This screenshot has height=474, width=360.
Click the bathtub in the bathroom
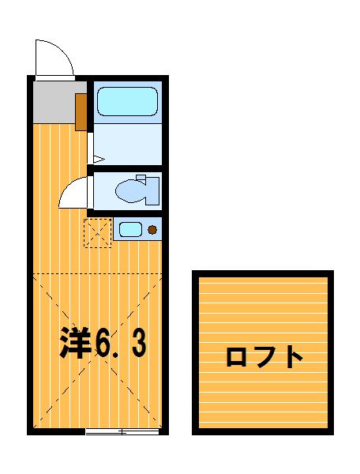tap(127, 102)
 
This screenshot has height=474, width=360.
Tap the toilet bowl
tap(130, 191)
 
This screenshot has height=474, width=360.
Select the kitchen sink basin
tap(130, 230)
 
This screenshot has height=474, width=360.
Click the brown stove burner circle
tap(152, 230)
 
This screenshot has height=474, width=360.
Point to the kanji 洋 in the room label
tap(75, 343)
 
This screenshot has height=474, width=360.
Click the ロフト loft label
tap(264, 357)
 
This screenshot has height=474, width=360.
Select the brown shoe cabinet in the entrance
tap(81, 112)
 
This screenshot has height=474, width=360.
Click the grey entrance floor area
tap(54, 102)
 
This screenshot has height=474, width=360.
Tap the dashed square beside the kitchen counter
tap(98, 233)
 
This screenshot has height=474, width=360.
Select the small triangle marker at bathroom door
tap(99, 159)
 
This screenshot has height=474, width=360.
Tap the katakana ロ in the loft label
tap(237, 357)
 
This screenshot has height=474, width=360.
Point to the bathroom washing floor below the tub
tap(128, 145)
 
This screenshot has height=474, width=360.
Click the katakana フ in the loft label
tap(265, 357)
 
